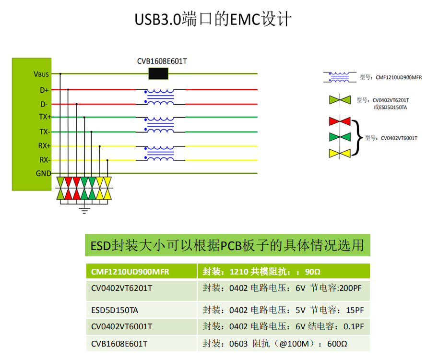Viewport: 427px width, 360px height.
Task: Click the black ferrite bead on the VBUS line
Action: click(x=159, y=74)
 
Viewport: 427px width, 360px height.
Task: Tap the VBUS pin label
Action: click(x=41, y=74)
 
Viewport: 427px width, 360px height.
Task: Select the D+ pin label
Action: click(x=44, y=90)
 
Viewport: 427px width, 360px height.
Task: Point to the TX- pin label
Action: click(x=44, y=132)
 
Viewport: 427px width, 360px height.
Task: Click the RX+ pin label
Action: click(x=44, y=146)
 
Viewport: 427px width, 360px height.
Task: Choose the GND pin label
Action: click(x=43, y=173)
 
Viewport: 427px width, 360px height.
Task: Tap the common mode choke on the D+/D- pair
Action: click(x=160, y=96)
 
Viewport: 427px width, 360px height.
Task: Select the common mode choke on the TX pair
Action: click(x=160, y=124)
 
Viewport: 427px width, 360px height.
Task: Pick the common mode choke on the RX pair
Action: click(x=160, y=153)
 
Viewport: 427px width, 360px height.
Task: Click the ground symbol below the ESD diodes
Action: click(x=85, y=209)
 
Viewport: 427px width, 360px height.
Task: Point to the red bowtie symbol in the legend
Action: click(x=340, y=121)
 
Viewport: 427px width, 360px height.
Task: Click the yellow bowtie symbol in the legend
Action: click(x=340, y=153)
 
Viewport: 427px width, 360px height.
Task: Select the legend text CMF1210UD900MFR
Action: click(x=398, y=77)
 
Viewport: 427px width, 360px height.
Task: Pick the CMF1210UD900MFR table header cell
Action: click(x=141, y=272)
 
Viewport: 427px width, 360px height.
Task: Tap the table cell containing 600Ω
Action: click(x=284, y=344)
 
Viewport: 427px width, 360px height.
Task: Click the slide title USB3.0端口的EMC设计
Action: click(x=213, y=20)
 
